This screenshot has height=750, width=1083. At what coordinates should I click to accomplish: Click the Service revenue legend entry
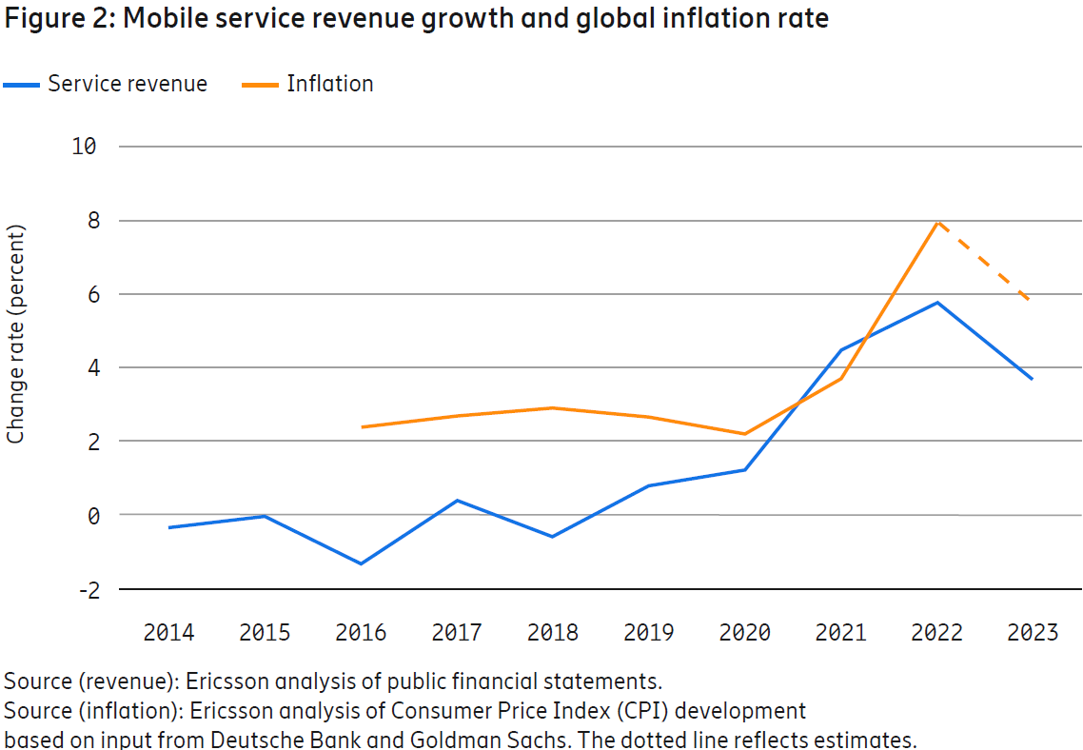click(x=127, y=84)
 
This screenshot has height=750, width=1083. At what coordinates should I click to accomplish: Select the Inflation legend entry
click(x=329, y=84)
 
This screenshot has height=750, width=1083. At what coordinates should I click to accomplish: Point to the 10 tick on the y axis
click(x=83, y=147)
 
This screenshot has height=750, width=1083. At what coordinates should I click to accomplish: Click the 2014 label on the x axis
click(x=168, y=633)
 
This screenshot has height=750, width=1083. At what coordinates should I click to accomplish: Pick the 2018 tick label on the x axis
click(x=553, y=633)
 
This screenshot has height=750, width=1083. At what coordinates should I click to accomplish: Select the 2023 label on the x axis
click(x=1033, y=633)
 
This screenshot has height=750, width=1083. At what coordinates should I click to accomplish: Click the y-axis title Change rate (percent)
click(x=16, y=334)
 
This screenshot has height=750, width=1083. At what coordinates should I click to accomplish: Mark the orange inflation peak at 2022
click(x=937, y=222)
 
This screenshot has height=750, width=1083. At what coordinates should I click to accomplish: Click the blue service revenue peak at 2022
click(x=937, y=303)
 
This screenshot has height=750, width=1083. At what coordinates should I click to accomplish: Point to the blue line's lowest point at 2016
click(x=361, y=563)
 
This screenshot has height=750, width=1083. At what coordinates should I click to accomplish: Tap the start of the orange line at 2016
click(x=362, y=426)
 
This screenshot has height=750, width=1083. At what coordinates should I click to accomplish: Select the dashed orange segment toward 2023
click(x=986, y=262)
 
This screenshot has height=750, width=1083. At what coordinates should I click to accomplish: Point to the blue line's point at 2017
click(x=457, y=501)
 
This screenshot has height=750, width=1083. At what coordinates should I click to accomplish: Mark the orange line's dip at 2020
click(x=744, y=434)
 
